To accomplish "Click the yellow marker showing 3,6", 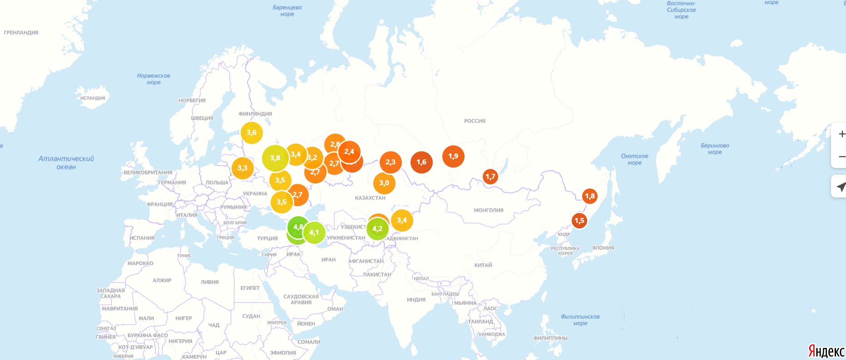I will (252, 133).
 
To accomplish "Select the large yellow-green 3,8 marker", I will (275, 158).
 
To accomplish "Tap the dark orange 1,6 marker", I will (421, 162).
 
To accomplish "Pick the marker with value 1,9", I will (453, 156).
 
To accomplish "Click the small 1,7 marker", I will (490, 177).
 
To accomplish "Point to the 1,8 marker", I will (590, 196).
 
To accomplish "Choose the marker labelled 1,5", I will (579, 221).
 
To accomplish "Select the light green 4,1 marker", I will (314, 232).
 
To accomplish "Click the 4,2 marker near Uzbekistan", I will (377, 229).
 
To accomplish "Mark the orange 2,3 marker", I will (391, 162).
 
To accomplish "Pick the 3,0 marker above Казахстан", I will (384, 183).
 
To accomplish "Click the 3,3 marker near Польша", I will (242, 168).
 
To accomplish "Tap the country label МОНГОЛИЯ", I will (489, 210).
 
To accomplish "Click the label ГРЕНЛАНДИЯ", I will (21, 33).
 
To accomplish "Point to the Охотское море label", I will (634, 159).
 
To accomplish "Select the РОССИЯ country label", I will (475, 121).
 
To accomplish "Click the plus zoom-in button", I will (841, 134).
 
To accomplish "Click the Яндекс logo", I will (826, 351).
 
